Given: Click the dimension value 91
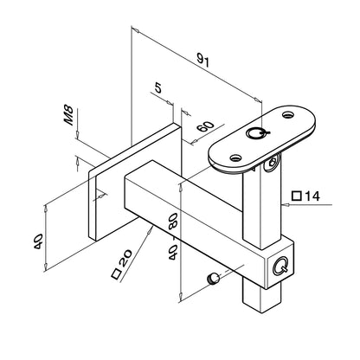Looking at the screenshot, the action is tap(202, 61).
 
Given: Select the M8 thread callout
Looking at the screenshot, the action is tap(68, 115).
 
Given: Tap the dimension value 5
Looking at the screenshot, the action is tap(158, 87).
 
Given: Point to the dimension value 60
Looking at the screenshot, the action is tap(205, 126).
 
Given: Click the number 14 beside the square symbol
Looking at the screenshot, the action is tap(312, 196).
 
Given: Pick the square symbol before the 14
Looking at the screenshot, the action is tap(297, 196).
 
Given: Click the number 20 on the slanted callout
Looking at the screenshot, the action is tap(125, 259).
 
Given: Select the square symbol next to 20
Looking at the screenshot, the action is tap(116, 274).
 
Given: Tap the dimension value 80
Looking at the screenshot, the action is tap(172, 221).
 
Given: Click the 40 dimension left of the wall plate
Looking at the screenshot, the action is tap(38, 241).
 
